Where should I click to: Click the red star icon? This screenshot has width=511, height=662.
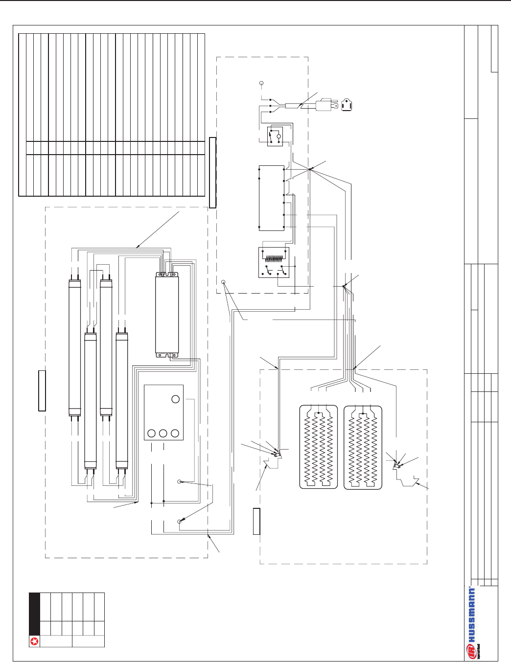pos(34,641)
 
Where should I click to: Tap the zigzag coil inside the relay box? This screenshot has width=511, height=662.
pos(274,258)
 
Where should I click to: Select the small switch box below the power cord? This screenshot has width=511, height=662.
pos(275,137)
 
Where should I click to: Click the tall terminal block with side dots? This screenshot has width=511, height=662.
pos(271,198)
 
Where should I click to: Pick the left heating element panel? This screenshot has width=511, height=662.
pos(318,447)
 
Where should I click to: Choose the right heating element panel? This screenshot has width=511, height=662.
pos(363,447)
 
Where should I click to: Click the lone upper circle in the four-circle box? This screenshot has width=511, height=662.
pos(176,399)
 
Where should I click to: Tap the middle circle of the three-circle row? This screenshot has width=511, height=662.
pos(163,433)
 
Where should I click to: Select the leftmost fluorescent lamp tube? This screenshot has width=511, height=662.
pos(74,347)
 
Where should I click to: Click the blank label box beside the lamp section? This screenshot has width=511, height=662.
pos(42,390)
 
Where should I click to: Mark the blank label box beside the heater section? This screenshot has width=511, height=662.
pos(256,521)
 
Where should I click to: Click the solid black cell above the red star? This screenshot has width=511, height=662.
pos(34,614)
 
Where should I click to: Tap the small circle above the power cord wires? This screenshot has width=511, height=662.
pos(261,84)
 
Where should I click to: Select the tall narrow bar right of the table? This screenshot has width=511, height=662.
pos(212,172)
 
